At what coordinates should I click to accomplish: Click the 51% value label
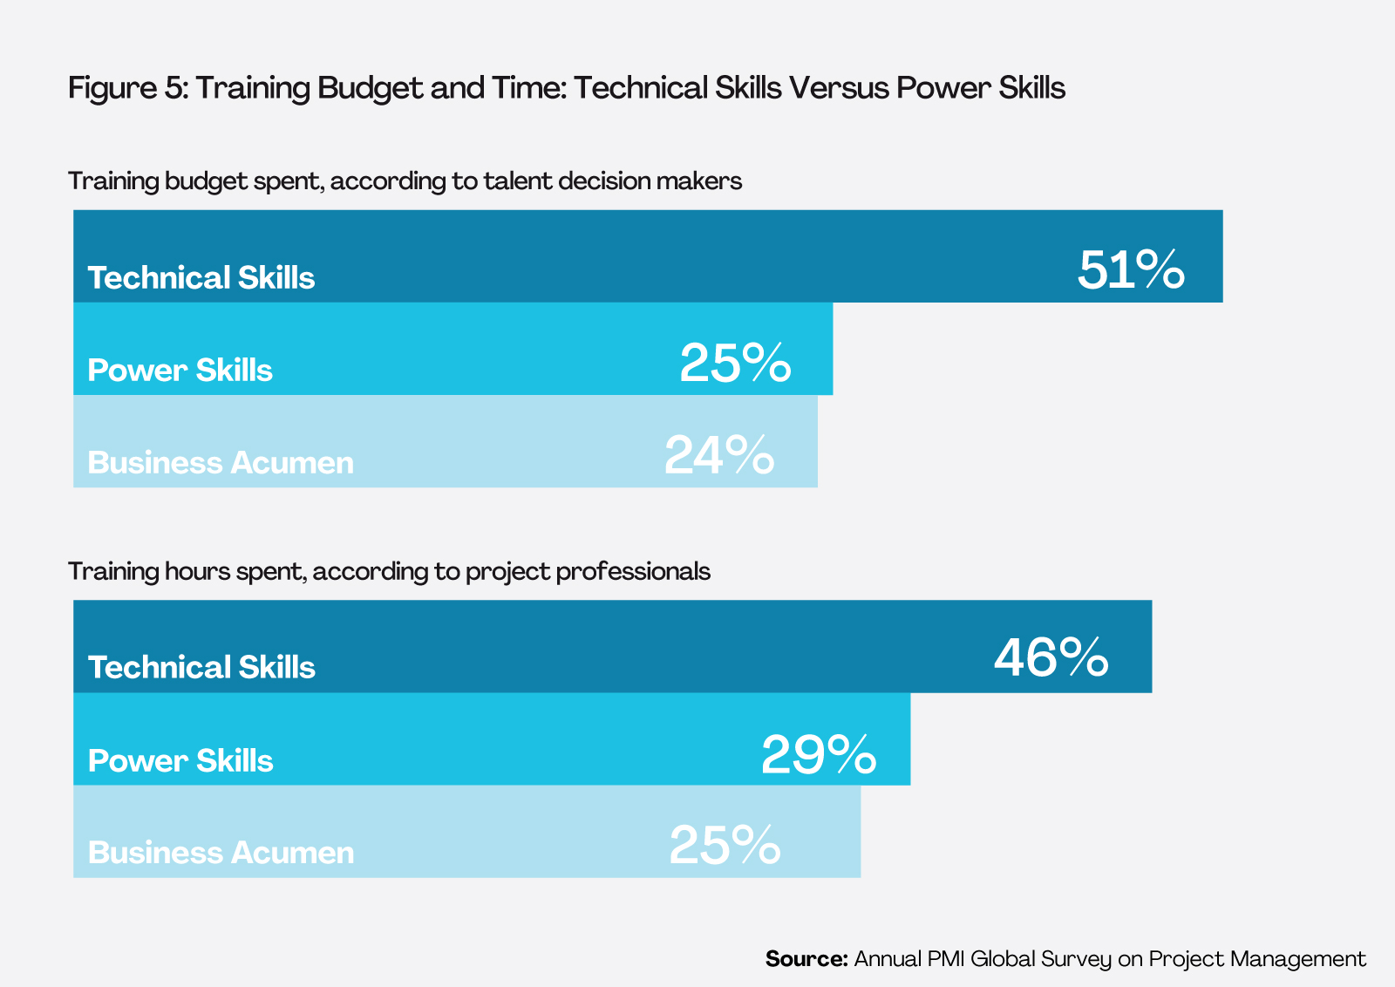click(1131, 269)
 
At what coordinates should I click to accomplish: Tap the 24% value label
click(718, 454)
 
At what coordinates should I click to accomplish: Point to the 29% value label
click(818, 754)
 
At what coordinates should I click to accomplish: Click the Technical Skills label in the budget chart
click(201, 277)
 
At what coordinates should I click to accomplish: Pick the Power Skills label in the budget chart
click(180, 370)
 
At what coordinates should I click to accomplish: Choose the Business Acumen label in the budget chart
click(221, 462)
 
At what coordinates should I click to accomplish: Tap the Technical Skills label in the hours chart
click(201, 667)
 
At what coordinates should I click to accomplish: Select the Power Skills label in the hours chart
click(180, 760)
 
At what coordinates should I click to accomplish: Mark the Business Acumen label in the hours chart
click(221, 852)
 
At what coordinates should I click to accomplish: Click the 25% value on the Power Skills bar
click(735, 363)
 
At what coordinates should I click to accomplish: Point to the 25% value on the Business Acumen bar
click(725, 845)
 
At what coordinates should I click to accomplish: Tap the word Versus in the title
click(838, 88)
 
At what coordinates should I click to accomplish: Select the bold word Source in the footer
click(806, 959)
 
